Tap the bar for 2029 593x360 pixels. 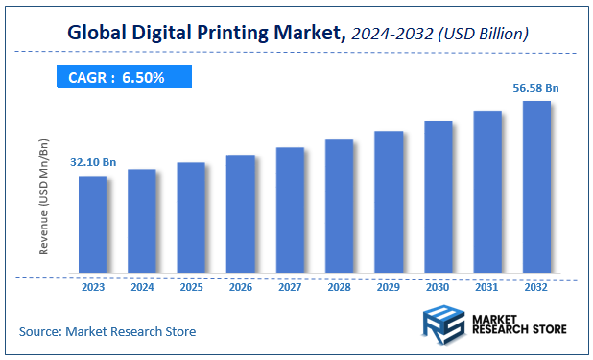[389, 204]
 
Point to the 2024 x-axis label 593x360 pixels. [142, 286]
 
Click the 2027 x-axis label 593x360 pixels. [290, 286]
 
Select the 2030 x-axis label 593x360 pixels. [438, 286]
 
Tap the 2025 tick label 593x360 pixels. [191, 286]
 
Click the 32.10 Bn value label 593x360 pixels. [92, 163]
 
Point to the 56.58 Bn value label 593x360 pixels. [536, 88]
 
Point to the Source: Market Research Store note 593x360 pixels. [107, 331]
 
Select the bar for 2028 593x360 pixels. [340, 209]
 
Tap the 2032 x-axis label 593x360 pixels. [536, 286]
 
